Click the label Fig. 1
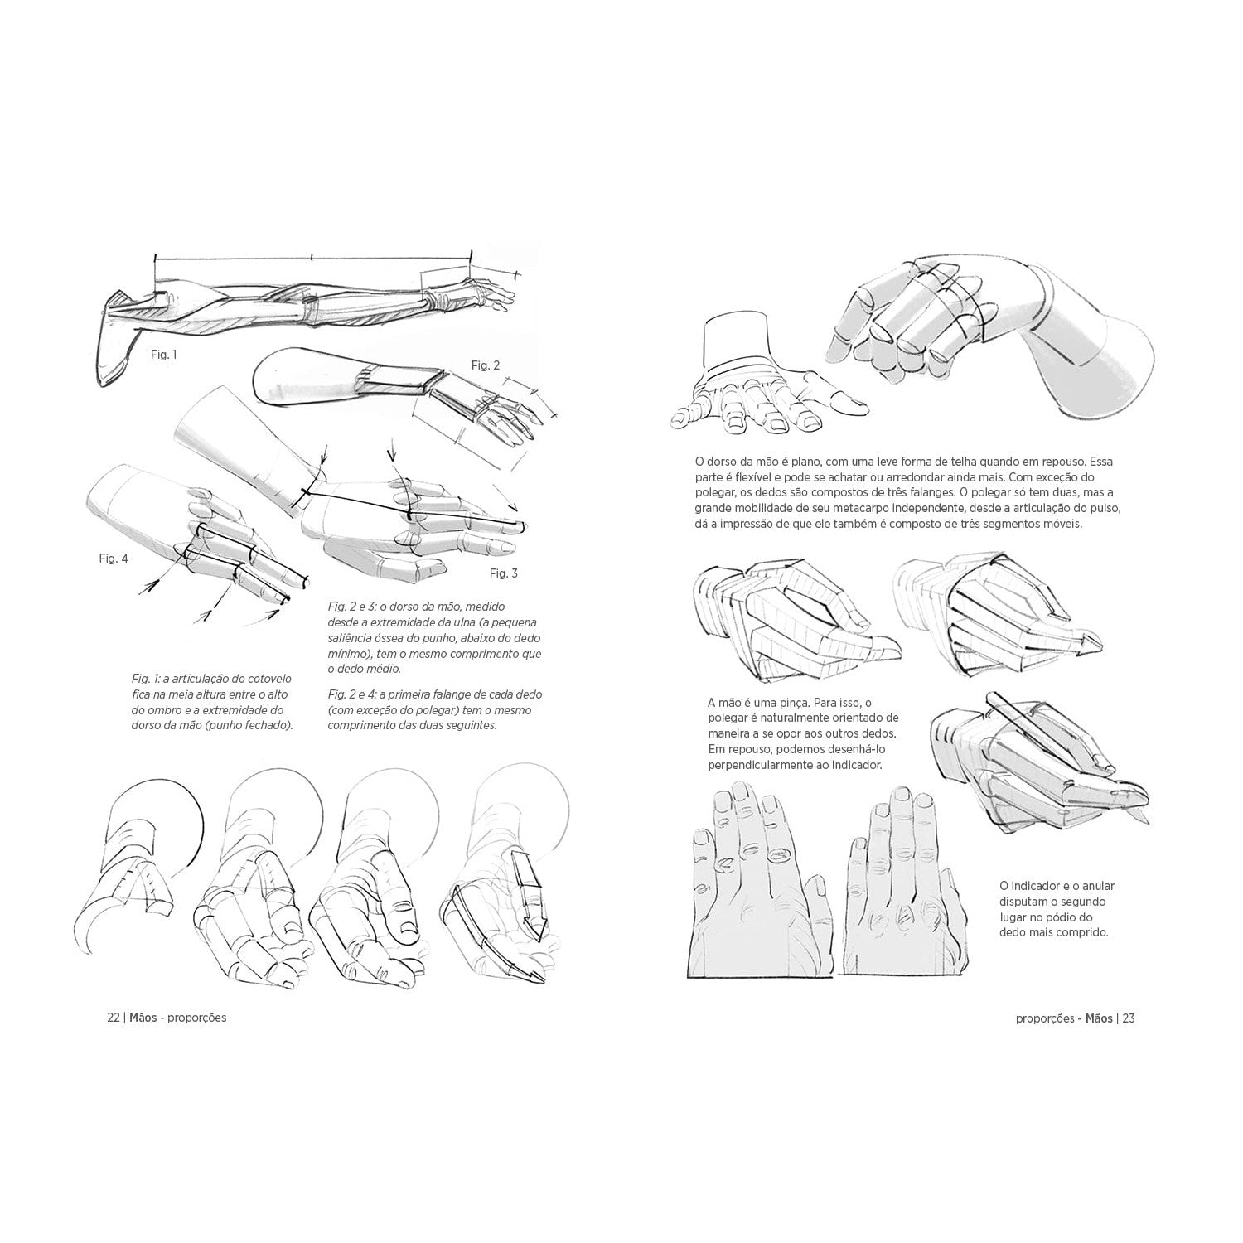[x=163, y=355]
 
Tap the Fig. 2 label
[x=486, y=365]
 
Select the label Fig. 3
[x=503, y=573]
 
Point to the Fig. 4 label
[x=114, y=559]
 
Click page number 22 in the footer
[x=114, y=1018]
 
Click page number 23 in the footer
[x=1128, y=1018]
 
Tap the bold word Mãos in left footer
[x=144, y=1018]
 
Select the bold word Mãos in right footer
[x=1097, y=1018]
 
